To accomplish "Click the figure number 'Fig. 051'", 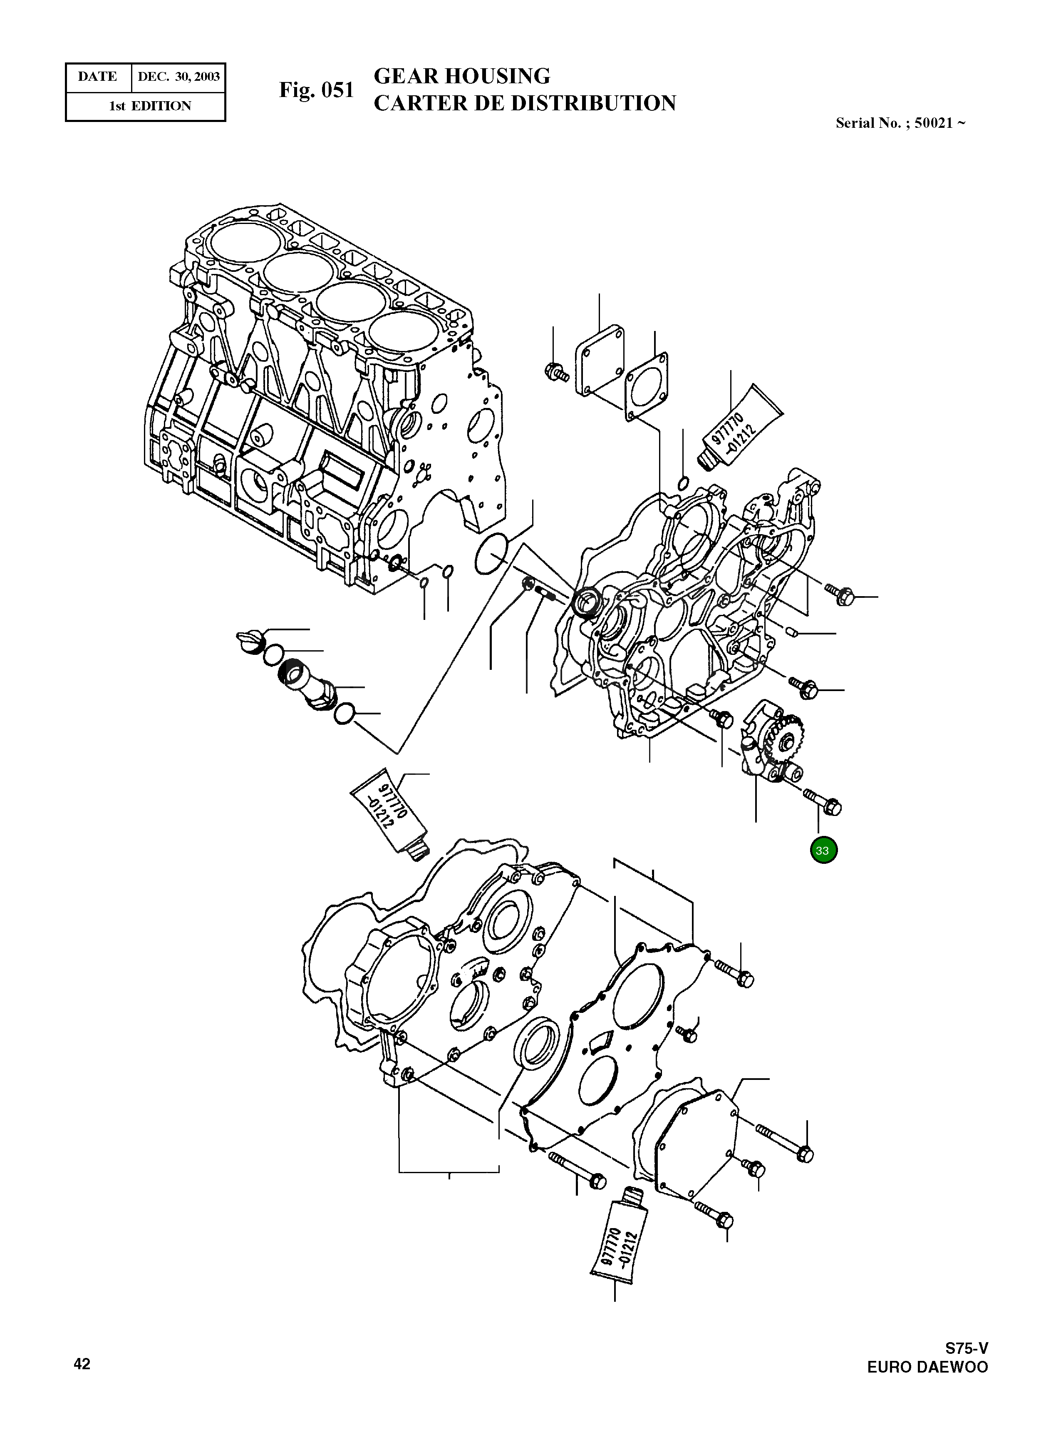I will pyautogui.click(x=316, y=90).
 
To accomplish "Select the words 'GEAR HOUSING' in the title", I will pyautogui.click(x=461, y=76).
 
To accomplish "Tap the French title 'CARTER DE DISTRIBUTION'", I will pyautogui.click(x=524, y=103).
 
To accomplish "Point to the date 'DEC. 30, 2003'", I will pyautogui.click(x=178, y=77).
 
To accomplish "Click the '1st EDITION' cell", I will pyautogui.click(x=149, y=106).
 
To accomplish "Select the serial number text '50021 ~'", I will pyautogui.click(x=939, y=124).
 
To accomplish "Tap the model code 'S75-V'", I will pyautogui.click(x=966, y=1348).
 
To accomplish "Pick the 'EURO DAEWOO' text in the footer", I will pyautogui.click(x=927, y=1368).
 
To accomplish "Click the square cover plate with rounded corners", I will pyautogui.click(x=599, y=361).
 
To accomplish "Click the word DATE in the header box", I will pyautogui.click(x=97, y=77).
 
